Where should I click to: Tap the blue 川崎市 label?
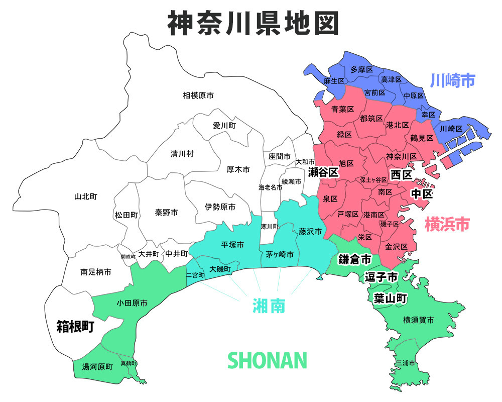453,80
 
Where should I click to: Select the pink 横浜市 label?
447,224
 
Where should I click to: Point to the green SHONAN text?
267,360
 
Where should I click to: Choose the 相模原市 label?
198,95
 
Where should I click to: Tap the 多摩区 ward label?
361,69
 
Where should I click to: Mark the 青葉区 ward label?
343,109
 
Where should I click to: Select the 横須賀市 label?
418,320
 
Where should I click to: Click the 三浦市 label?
406,362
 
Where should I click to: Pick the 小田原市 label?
132,303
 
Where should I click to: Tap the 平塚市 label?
232,245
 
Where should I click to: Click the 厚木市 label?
238,170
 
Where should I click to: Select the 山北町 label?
85,196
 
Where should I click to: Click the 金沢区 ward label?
396,247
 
